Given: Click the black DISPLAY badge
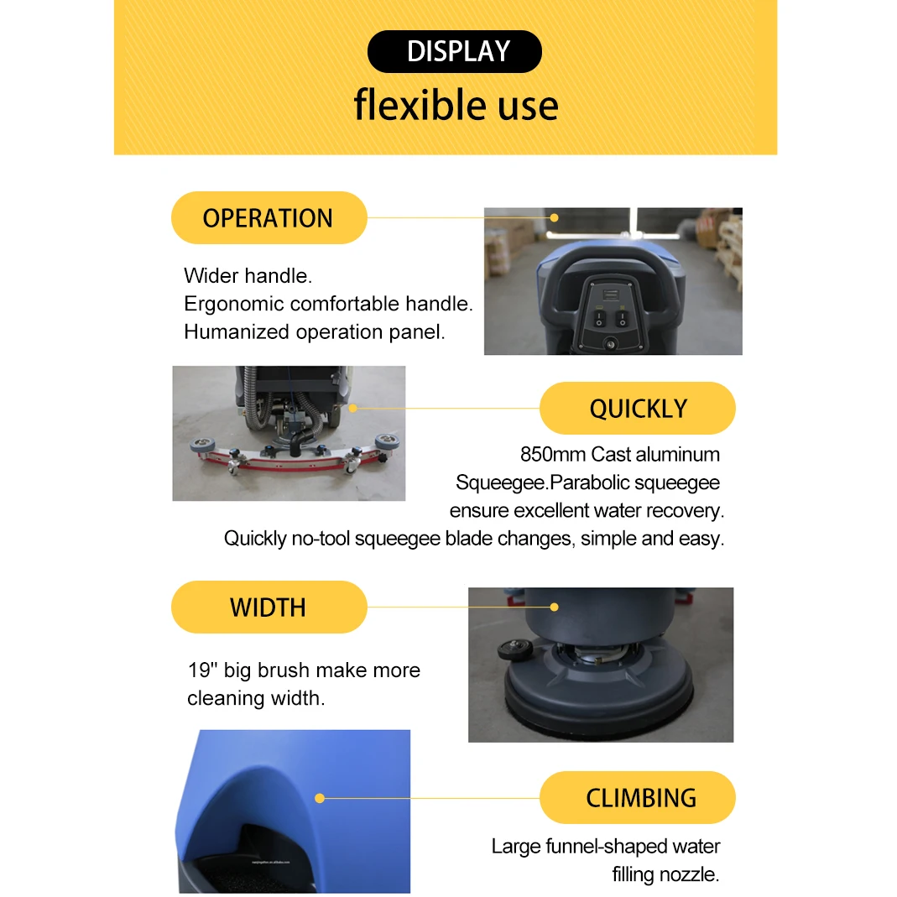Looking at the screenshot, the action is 455,51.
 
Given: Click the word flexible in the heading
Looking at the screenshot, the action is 421,105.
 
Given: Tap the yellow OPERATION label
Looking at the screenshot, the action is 269,218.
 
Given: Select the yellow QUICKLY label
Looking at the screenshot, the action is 637,409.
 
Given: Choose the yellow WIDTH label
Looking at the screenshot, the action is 269,607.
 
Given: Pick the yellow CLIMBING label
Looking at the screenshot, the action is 637,797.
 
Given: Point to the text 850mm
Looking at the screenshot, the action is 553,454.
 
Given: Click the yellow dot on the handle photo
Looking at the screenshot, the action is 555,218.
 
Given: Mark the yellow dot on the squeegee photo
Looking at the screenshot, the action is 353,408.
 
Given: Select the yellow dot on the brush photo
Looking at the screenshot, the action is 555,607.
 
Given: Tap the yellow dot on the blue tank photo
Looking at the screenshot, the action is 320,798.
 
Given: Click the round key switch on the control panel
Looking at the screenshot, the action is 611,344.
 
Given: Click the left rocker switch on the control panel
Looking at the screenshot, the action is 599,319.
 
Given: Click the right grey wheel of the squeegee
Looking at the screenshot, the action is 388,441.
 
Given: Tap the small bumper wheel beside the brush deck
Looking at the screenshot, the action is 515,649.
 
